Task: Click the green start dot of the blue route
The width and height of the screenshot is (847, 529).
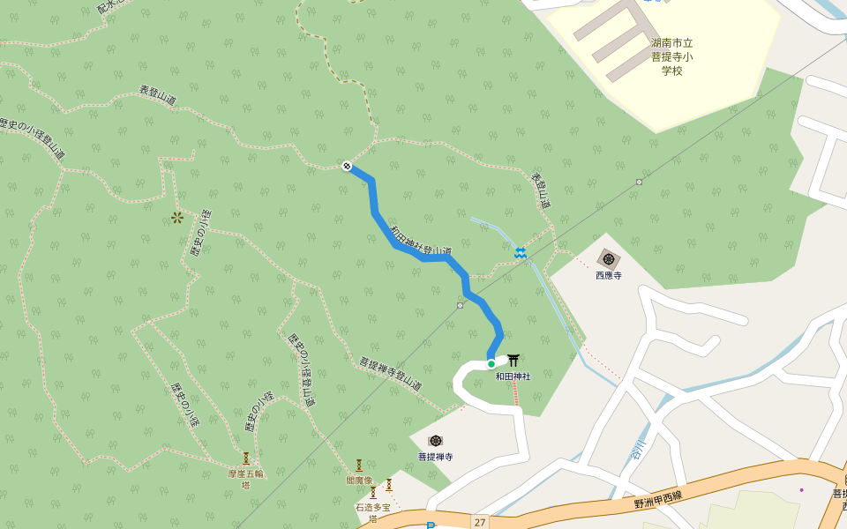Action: click(491, 363)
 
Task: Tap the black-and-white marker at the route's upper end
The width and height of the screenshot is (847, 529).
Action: click(348, 166)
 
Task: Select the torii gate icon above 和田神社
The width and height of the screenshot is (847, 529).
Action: click(513, 360)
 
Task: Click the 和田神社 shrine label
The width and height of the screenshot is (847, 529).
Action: click(513, 376)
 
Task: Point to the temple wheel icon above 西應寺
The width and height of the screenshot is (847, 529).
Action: click(609, 258)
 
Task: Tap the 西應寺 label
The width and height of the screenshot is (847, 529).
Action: click(609, 276)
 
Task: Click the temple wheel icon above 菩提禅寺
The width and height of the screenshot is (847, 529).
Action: click(435, 440)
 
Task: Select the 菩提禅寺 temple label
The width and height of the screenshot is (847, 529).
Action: click(435, 457)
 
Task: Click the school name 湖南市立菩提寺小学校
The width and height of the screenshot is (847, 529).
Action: click(672, 56)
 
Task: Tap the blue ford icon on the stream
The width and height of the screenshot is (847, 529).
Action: click(521, 253)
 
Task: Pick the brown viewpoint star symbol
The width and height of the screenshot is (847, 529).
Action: click(176, 217)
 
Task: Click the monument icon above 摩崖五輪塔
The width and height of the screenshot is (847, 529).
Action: click(246, 458)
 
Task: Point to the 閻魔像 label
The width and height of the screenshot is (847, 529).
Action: click(359, 481)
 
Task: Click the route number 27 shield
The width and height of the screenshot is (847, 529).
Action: click(480, 521)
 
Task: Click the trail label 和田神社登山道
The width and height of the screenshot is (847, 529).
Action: click(421, 240)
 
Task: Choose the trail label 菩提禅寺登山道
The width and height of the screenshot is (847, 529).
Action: click(390, 374)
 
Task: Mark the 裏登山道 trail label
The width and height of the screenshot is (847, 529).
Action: click(541, 190)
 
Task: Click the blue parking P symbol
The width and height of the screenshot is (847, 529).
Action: click(431, 525)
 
